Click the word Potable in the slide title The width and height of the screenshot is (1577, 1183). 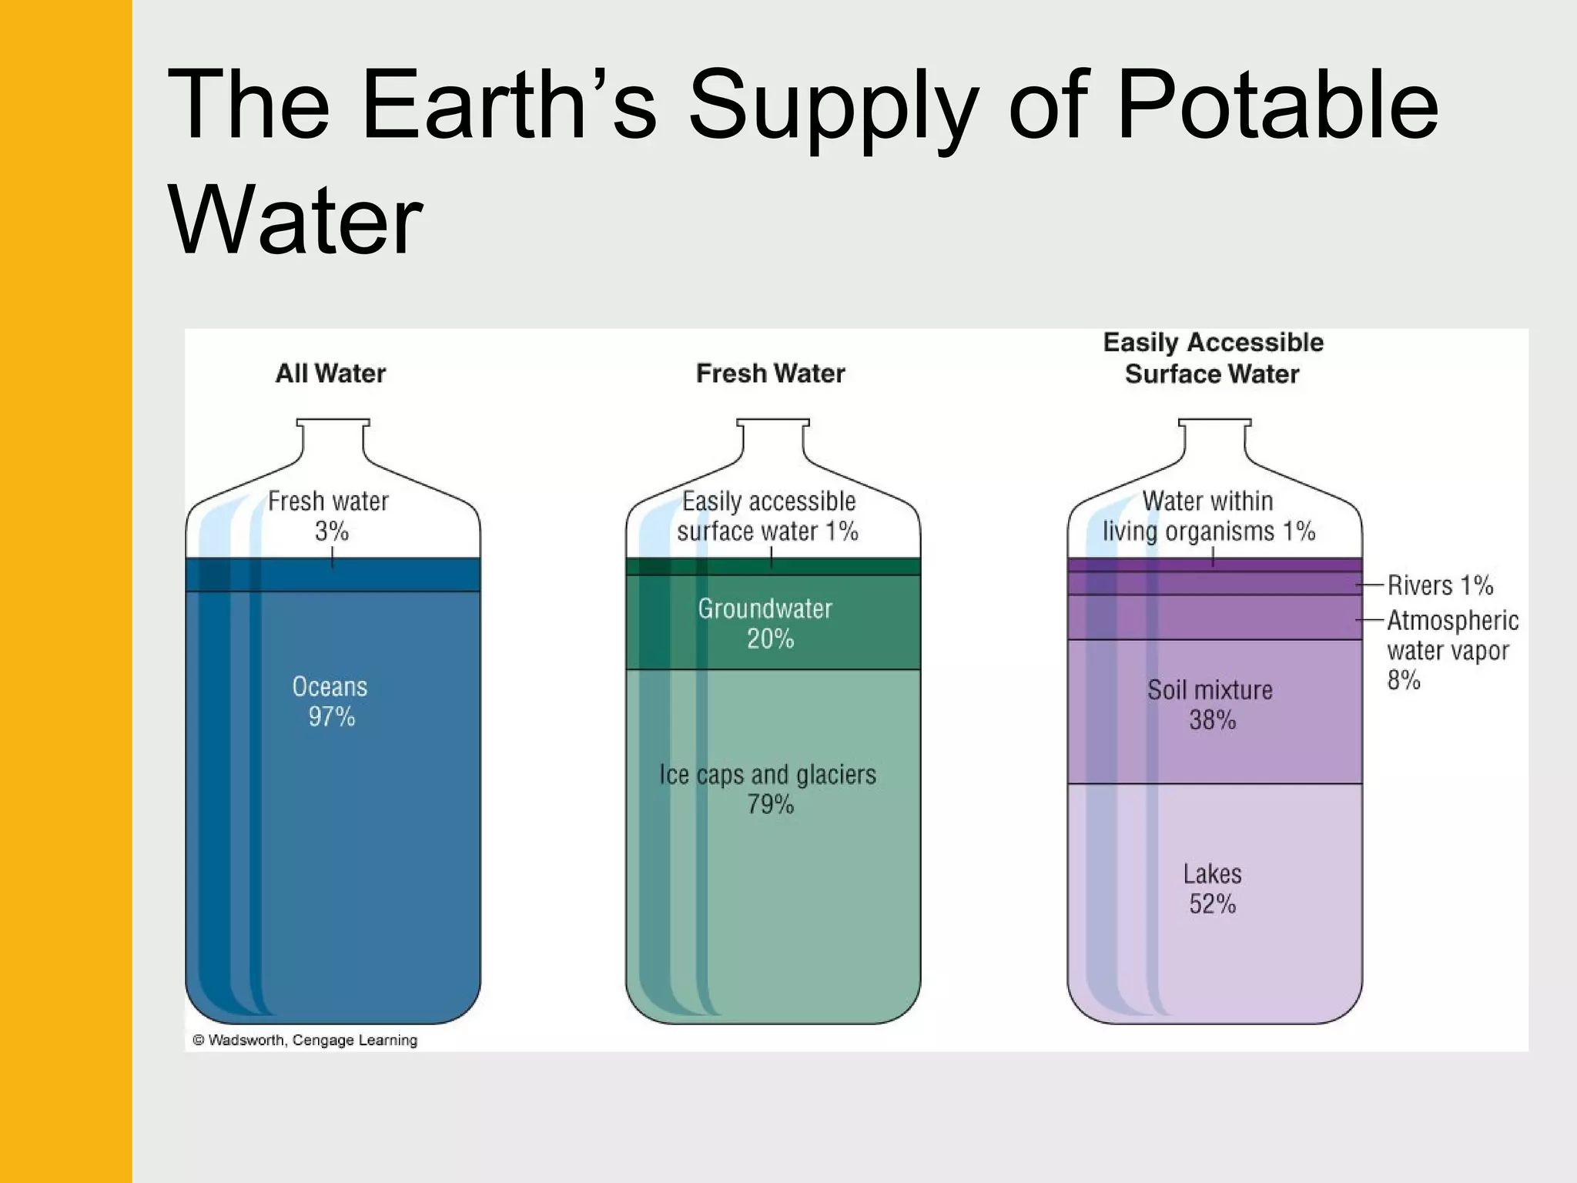coord(1277,106)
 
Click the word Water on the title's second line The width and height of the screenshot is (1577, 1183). coord(295,221)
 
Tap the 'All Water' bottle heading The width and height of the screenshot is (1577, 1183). coord(330,374)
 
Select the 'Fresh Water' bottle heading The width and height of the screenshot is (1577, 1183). coord(770,374)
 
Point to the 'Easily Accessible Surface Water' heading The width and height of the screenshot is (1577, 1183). coord(1213,358)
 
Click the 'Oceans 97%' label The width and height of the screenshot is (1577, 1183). coord(330,702)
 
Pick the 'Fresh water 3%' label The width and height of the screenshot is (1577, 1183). coord(329,515)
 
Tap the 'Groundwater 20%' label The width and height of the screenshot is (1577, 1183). coord(766,623)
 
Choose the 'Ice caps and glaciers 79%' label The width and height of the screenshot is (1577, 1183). coord(768,789)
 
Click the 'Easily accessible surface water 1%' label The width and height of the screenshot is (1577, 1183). coord(768,516)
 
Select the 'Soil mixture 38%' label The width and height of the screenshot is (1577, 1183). coord(1210,705)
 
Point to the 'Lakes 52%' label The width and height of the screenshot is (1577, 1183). coord(1212,888)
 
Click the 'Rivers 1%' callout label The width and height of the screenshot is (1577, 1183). coord(1440,585)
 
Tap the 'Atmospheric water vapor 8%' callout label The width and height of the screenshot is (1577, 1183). coord(1451,650)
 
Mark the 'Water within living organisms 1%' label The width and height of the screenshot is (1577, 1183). coord(1208,516)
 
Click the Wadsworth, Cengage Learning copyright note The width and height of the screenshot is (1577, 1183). coord(305,1040)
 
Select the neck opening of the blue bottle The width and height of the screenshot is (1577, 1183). coord(333,423)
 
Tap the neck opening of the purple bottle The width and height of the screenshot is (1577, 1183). coord(1214,423)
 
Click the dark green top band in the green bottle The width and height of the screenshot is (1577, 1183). coord(773,566)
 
